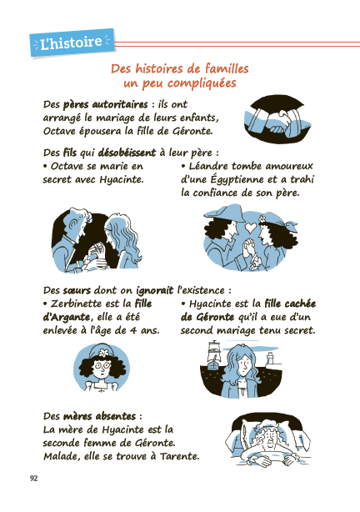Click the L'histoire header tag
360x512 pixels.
point(71,43)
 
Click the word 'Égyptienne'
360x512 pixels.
point(222,179)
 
